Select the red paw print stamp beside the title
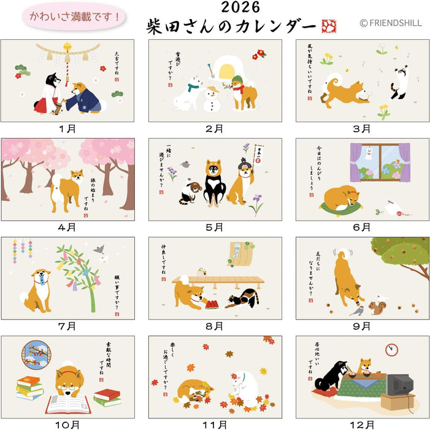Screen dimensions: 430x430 point(329,26)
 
